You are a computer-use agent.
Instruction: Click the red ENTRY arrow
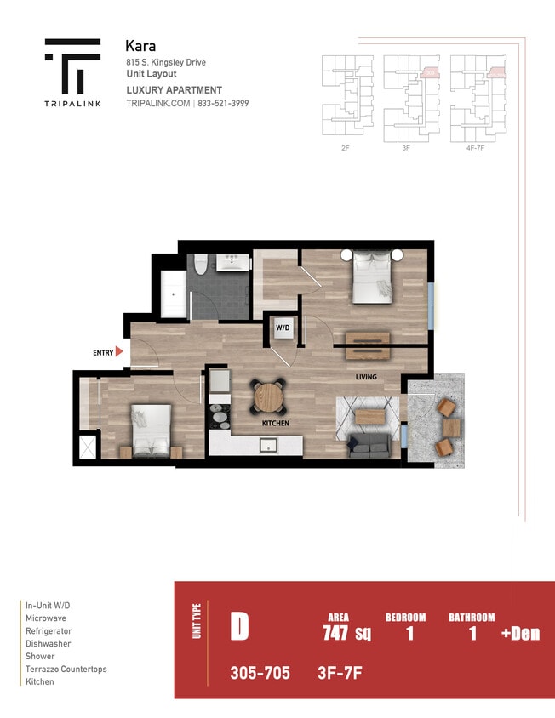[119, 351]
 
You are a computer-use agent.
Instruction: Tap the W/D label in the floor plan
[281, 327]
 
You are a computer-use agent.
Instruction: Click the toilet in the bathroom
[201, 265]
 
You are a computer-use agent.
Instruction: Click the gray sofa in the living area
[369, 444]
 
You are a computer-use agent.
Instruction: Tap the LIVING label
[366, 377]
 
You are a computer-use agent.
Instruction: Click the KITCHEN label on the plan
[275, 423]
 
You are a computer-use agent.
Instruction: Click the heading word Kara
[140, 46]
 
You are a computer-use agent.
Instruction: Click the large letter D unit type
[239, 626]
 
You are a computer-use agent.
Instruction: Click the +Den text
[521, 633]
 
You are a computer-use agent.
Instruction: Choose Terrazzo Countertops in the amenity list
[66, 670]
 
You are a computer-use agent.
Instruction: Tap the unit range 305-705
[260, 673]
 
